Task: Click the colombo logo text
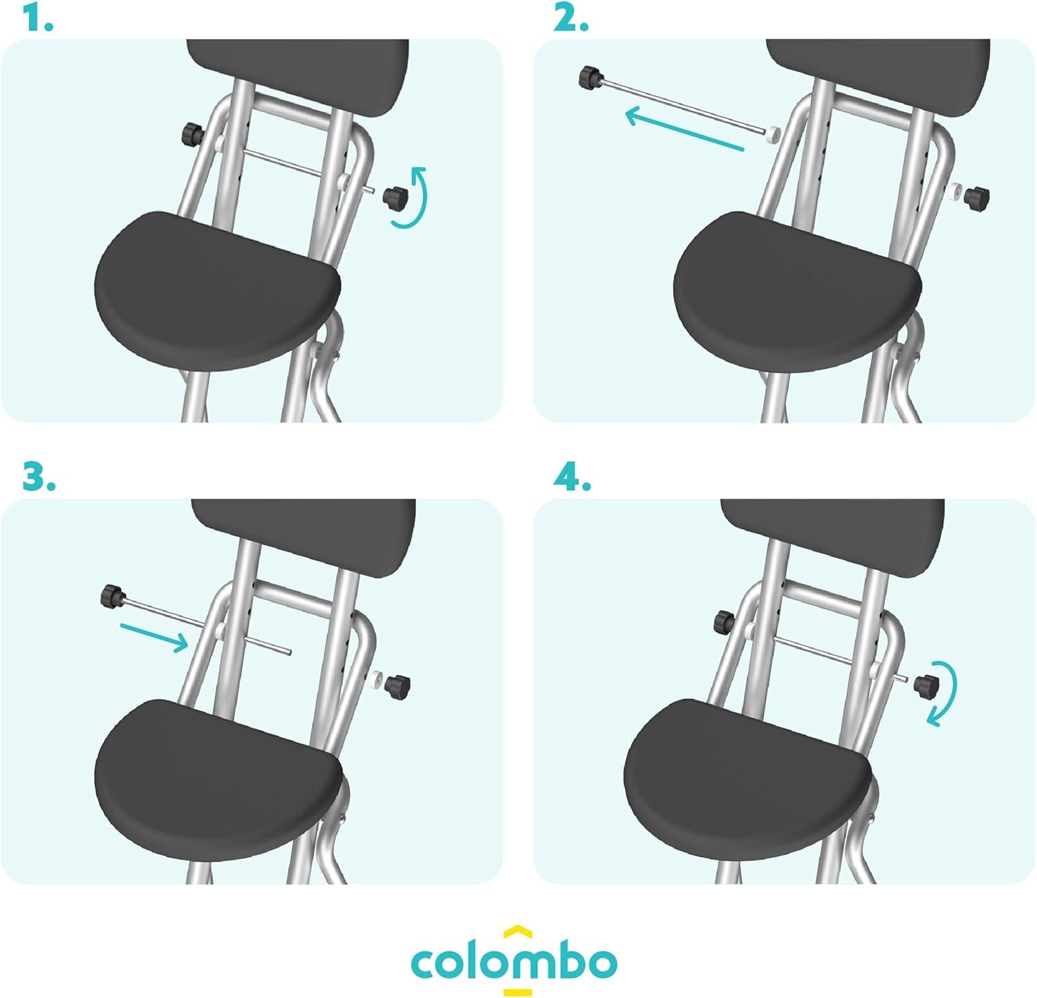point(514,962)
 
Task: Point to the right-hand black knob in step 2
point(977,196)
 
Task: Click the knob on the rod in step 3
point(112,595)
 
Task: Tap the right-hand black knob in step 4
point(925,685)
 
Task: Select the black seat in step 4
point(747,779)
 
